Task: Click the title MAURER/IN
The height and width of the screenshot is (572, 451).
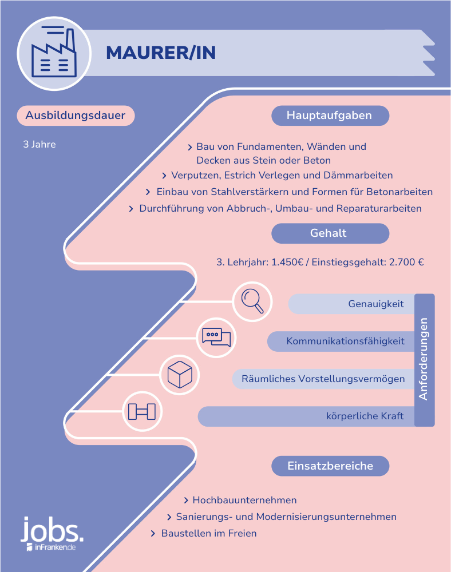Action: click(161, 53)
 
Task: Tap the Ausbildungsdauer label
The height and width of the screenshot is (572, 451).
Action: click(76, 116)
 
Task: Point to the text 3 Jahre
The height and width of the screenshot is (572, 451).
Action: click(39, 145)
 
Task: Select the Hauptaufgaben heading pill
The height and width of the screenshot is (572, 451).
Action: click(330, 116)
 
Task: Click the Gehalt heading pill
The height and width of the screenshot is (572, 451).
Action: click(330, 233)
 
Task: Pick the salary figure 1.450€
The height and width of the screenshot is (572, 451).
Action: click(287, 263)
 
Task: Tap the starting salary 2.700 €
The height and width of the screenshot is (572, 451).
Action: click(406, 263)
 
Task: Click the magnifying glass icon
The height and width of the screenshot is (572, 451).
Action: click(252, 301)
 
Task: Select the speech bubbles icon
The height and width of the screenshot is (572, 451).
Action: click(216, 337)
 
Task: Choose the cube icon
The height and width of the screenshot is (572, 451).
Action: click(180, 375)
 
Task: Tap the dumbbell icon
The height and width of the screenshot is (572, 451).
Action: click(142, 411)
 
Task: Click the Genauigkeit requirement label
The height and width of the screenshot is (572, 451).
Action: click(376, 304)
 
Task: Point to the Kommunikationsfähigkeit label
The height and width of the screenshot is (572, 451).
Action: click(345, 341)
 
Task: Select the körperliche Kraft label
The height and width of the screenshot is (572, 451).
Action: click(365, 416)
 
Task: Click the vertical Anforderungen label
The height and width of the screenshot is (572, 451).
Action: click(424, 359)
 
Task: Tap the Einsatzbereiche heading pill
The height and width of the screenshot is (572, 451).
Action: click(330, 466)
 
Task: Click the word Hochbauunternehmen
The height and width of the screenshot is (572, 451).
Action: click(244, 500)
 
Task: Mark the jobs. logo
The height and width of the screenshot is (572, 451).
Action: click(52, 533)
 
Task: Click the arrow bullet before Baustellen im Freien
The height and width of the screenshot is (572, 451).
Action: click(153, 534)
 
